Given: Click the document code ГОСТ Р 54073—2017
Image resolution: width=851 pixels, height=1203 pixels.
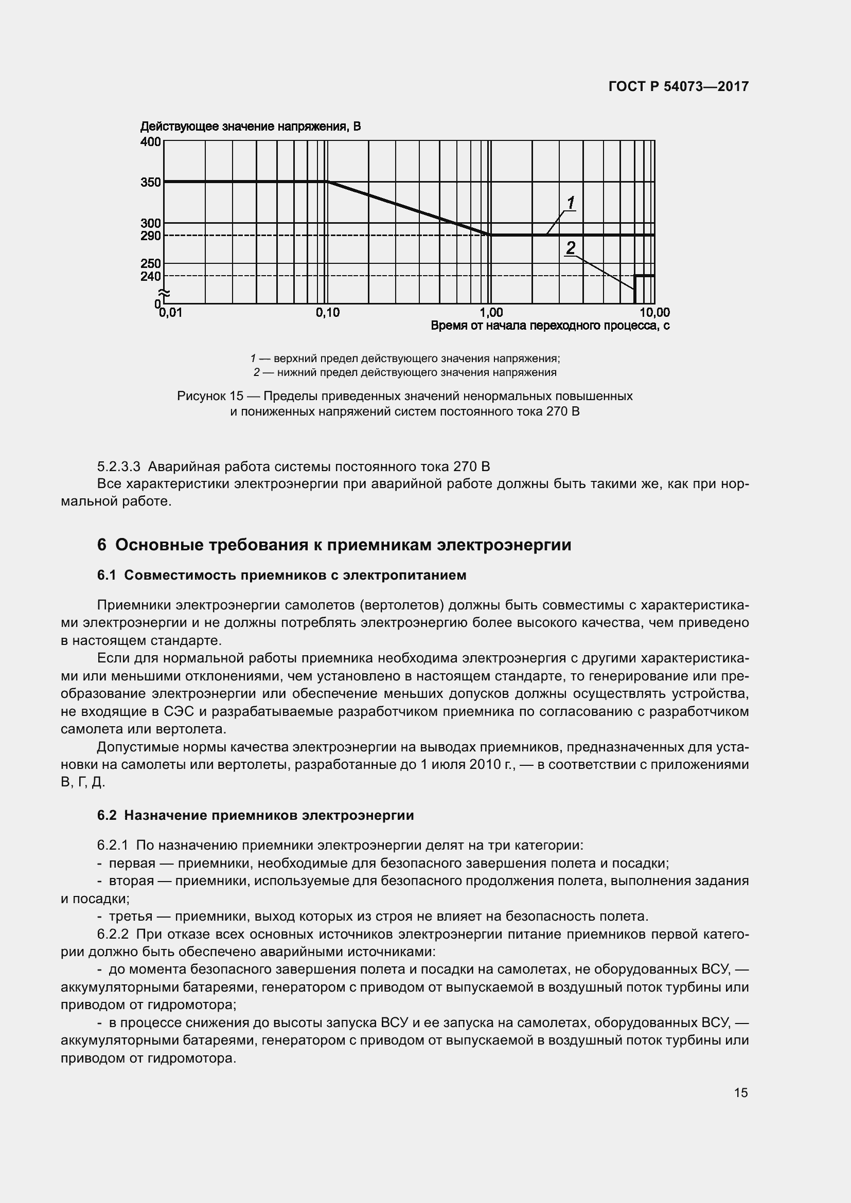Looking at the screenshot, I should pos(678,87).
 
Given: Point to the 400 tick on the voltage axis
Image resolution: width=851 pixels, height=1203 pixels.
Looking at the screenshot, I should pos(150,141).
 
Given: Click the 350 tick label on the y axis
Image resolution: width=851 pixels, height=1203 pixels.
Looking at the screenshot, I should pos(150,183).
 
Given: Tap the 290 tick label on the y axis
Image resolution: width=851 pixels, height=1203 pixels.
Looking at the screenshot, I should pos(150,236).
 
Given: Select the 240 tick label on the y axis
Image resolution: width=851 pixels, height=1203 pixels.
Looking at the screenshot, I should pos(150,276).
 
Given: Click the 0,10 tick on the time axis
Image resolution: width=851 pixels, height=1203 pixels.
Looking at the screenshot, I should pos(328,313).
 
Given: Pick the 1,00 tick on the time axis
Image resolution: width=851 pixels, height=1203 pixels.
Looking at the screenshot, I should pos(491,313).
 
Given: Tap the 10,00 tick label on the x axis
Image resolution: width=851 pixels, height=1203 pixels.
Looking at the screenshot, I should pos(654,313).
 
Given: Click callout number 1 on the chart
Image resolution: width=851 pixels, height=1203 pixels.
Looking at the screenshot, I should pos(571,202).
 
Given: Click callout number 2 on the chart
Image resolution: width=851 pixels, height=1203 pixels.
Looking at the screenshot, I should pos(571,247).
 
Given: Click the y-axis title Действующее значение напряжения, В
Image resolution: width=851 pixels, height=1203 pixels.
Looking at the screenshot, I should pos(251,127).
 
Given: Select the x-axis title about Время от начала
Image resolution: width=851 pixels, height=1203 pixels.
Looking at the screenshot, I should pos(549,326).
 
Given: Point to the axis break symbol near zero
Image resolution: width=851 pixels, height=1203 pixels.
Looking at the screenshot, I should pos(165,293).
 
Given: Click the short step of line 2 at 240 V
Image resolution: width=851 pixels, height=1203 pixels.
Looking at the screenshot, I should pos(645,276).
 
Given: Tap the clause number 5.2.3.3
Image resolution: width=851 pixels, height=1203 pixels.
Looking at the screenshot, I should pos(118,466).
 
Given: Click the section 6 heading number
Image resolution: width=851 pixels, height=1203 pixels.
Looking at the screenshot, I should pos(102,545).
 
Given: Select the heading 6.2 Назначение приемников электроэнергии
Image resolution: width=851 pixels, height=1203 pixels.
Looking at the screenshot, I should pos(255,815).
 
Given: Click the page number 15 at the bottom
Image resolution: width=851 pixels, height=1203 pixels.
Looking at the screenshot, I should pos(740,1092).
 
